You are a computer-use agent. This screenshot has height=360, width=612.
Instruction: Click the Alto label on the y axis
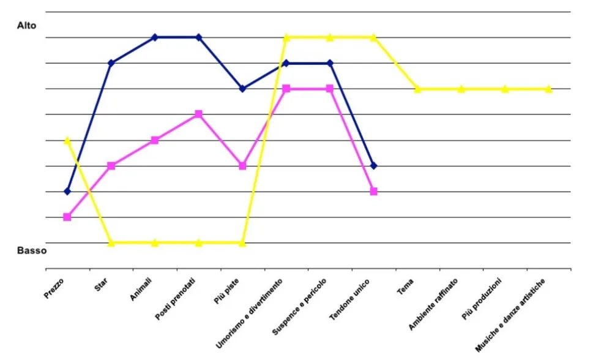[x=26, y=26]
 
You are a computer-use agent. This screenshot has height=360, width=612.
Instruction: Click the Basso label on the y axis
[x=32, y=250]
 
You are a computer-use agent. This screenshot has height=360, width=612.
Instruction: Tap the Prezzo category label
[x=53, y=288]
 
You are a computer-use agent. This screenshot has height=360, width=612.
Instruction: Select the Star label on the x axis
[x=101, y=285]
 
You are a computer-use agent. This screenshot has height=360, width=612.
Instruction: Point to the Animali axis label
[x=141, y=290]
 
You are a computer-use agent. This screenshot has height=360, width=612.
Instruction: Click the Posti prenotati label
[x=175, y=299]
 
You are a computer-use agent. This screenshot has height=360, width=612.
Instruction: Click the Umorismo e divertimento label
[x=249, y=313]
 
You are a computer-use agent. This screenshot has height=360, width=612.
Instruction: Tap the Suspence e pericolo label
[x=299, y=307]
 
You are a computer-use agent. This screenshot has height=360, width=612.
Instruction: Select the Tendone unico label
[x=349, y=299]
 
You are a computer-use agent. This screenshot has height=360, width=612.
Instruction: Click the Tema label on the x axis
[x=405, y=287]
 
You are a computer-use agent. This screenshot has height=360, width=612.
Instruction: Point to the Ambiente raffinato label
[x=433, y=304]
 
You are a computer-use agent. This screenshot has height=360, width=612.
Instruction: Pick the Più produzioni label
[x=481, y=299]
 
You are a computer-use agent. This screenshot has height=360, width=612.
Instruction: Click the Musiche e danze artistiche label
[x=510, y=315]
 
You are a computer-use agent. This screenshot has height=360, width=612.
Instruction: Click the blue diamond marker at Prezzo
[x=67, y=191]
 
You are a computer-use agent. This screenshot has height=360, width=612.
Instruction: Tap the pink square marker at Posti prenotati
[x=199, y=114]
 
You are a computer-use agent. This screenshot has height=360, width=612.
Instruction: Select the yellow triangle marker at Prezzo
[x=67, y=140]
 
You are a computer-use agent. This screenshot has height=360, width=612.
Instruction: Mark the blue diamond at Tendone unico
[x=373, y=166]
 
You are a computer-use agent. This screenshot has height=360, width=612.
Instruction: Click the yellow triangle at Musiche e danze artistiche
[x=548, y=89]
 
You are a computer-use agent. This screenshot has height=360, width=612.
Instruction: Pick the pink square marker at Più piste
[x=242, y=166]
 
